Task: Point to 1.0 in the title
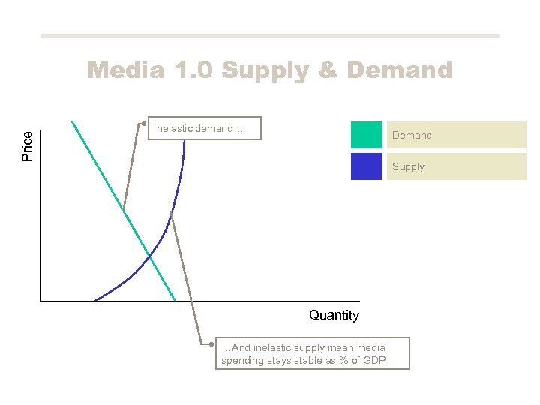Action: click(x=190, y=70)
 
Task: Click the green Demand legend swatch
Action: click(x=366, y=135)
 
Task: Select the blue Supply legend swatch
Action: click(x=366, y=166)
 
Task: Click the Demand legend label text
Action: click(x=412, y=136)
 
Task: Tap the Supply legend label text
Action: click(x=408, y=167)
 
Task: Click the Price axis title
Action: click(x=27, y=146)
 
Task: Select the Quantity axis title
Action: click(x=334, y=315)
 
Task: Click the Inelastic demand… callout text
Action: click(x=198, y=129)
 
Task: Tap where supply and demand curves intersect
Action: click(x=149, y=256)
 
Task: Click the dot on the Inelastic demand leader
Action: click(x=142, y=122)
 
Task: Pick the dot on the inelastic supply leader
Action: click(x=211, y=345)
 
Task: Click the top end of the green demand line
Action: click(x=72, y=121)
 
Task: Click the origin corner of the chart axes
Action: click(x=41, y=301)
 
